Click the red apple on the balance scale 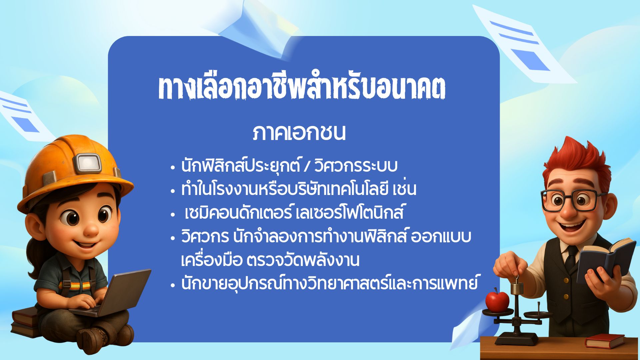pyautogui.click(x=497, y=300)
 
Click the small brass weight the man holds pyautogui.click(x=516, y=287)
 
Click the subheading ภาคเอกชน pyautogui.click(x=299, y=133)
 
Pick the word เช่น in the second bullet pyautogui.click(x=405, y=189)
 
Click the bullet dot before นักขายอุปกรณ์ pyautogui.click(x=172, y=285)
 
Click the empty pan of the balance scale pyautogui.click(x=537, y=315)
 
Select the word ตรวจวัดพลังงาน pyautogui.click(x=303, y=260)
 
